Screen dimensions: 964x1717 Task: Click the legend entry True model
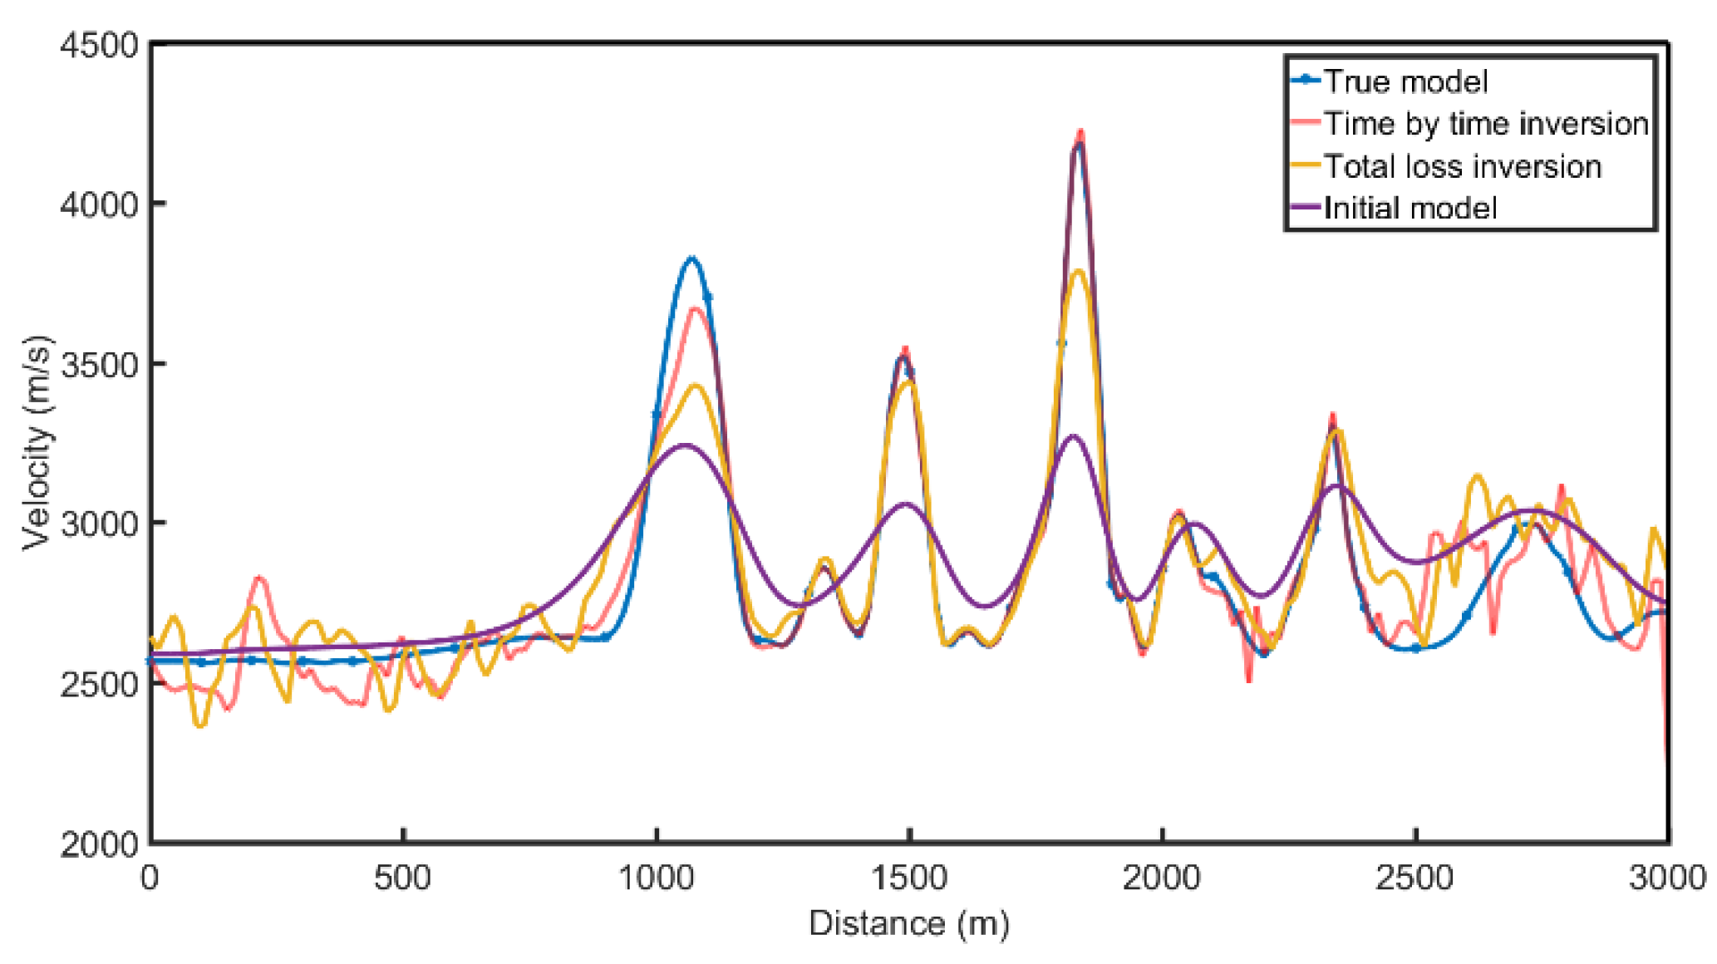pyautogui.click(x=1405, y=81)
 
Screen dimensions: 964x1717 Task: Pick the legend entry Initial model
pyautogui.click(x=1410, y=208)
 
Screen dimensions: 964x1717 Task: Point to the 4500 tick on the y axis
pyautogui.click(x=98, y=44)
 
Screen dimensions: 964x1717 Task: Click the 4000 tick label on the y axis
pyautogui.click(x=98, y=204)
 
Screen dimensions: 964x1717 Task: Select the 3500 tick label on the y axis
pyautogui.click(x=98, y=364)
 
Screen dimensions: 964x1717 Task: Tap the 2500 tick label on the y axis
pyautogui.click(x=98, y=684)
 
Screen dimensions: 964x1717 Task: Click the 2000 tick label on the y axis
pyautogui.click(x=98, y=843)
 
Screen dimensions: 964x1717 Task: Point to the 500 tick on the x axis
pyautogui.click(x=403, y=878)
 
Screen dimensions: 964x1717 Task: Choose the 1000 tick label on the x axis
pyautogui.click(x=657, y=878)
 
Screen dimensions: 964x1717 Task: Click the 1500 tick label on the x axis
pyautogui.click(x=909, y=878)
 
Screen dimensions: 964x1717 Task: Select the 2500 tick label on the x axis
pyautogui.click(x=1414, y=878)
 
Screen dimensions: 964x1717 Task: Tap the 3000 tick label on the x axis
pyautogui.click(x=1667, y=878)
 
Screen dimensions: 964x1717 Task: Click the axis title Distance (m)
pyautogui.click(x=909, y=923)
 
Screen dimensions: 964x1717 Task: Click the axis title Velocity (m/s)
pyautogui.click(x=37, y=442)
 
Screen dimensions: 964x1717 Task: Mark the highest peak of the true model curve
pyautogui.click(x=1079, y=144)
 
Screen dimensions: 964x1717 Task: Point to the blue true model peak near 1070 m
pyautogui.click(x=691, y=258)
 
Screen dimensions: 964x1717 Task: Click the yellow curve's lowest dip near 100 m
pyautogui.click(x=200, y=725)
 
